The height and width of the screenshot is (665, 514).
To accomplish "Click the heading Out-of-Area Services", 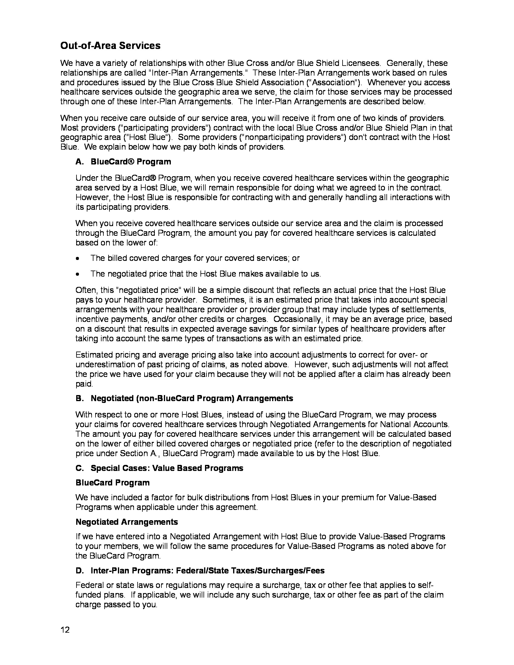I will tap(110, 46).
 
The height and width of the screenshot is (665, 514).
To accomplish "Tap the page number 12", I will tap(65, 630).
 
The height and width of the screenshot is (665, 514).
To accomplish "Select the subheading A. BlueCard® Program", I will tap(123, 162).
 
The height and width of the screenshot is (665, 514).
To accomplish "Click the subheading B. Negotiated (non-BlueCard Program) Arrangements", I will tap(184, 398).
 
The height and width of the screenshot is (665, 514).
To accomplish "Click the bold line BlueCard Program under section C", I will tap(112, 483).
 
